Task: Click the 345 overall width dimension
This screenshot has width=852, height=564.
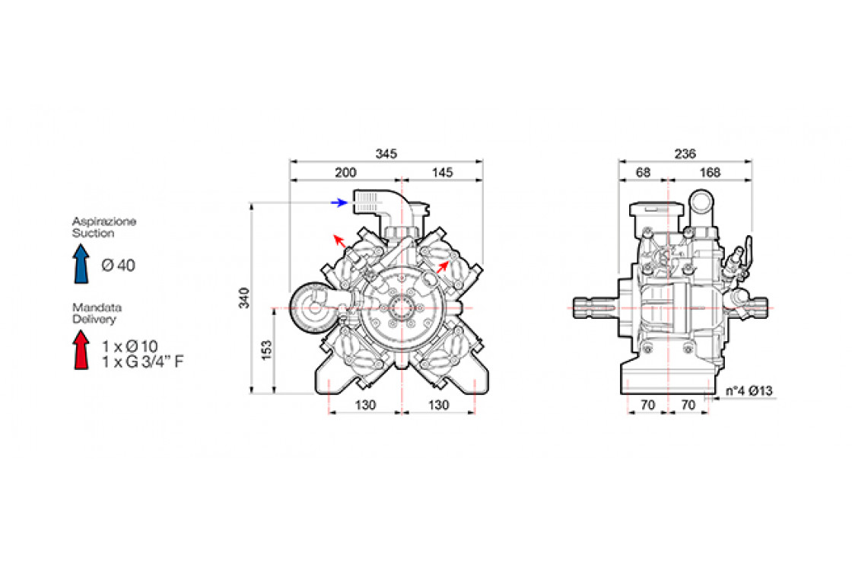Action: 386,154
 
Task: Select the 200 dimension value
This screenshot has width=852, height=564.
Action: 345,173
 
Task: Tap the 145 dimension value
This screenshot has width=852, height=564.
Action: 442,173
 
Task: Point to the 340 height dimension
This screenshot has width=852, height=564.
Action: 244,298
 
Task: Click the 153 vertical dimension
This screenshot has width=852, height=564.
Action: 267,351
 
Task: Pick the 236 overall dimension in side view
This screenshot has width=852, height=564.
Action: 685,154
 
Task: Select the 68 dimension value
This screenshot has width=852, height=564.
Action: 643,173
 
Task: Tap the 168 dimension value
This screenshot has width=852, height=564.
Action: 710,173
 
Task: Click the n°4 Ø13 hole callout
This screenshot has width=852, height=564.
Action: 749,391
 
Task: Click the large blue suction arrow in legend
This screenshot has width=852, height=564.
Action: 81,264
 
